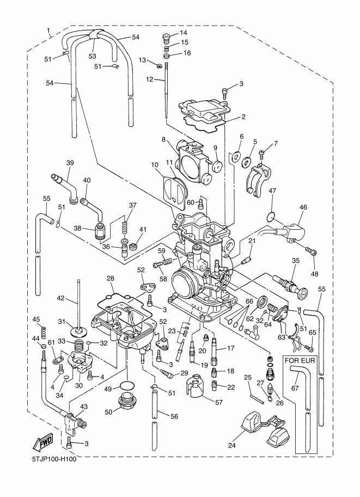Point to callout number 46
(303, 207)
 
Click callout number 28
(111, 279)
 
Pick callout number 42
(61, 298)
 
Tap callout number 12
(149, 79)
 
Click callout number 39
(70, 163)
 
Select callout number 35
(296, 261)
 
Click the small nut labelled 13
(157, 65)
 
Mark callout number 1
(48, 29)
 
